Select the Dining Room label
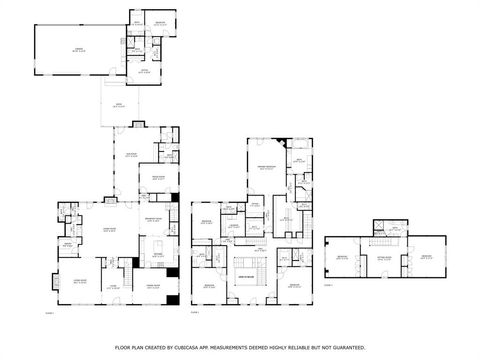pyautogui.click(x=155, y=287)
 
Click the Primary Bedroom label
pyautogui.click(x=266, y=168)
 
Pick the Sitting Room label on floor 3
pyautogui.click(x=383, y=257)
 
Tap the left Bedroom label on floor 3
pyautogui.click(x=342, y=257)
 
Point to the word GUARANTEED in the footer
pyautogui.click(x=345, y=347)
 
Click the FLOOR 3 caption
pyautogui.click(x=329, y=285)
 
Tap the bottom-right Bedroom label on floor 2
pyautogui.click(x=294, y=286)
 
